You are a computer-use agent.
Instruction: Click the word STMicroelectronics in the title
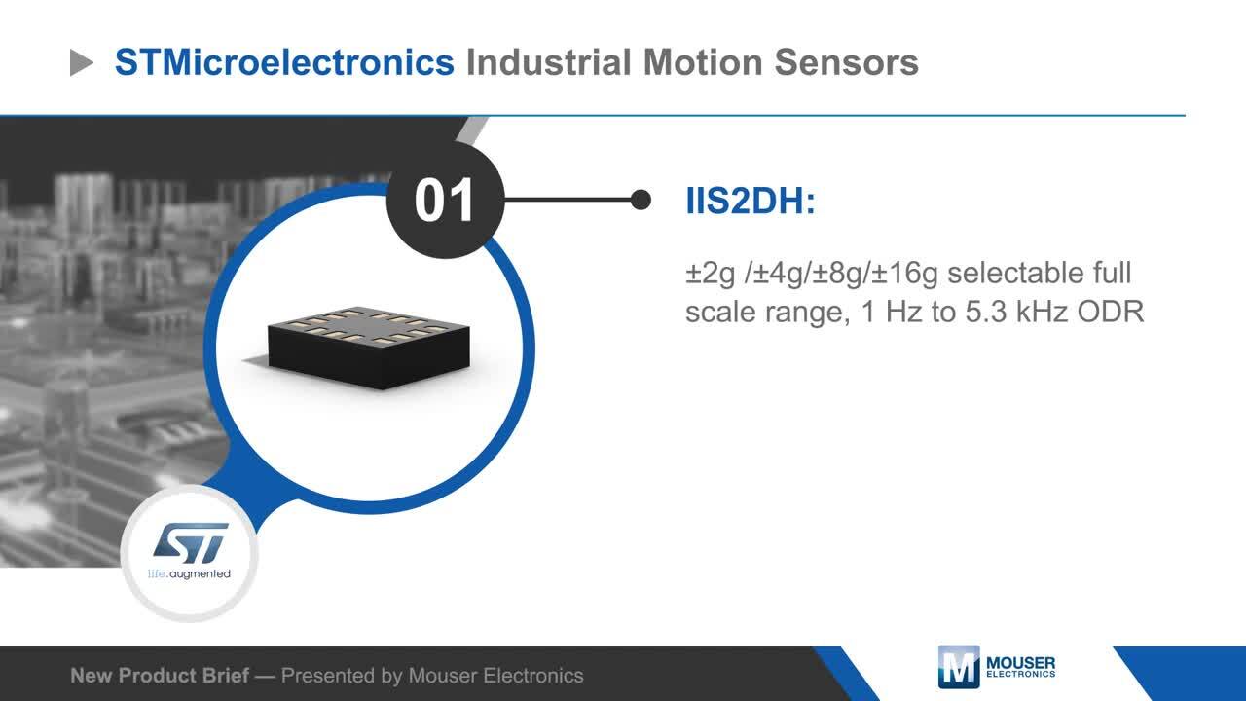[284, 61]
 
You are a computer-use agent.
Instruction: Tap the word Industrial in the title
[549, 61]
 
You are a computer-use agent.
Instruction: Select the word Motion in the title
[703, 61]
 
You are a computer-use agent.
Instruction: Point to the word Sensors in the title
[846, 61]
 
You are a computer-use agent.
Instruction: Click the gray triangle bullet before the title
[81, 62]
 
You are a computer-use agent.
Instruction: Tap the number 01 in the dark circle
[444, 201]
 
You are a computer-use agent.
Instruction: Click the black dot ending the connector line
[641, 200]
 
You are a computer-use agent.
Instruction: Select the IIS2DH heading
[751, 201]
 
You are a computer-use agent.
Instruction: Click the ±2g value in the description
[711, 275]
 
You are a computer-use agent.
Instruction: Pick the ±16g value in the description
[904, 275]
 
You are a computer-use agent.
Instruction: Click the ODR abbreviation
[1111, 312]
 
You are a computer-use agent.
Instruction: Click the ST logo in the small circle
[191, 543]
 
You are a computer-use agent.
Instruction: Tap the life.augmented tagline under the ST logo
[189, 574]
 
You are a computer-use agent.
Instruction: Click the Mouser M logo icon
[959, 667]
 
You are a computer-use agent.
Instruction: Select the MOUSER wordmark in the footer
[1021, 663]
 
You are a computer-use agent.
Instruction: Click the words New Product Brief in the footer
[160, 676]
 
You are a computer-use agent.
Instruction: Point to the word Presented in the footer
[328, 676]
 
